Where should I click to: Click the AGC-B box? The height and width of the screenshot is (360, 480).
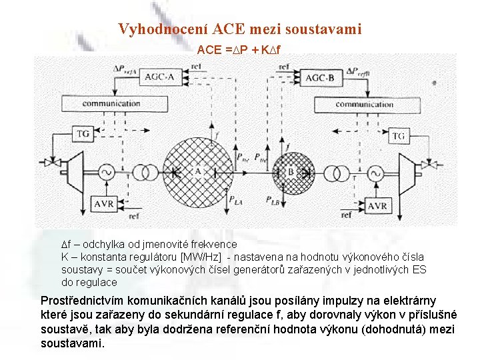click(x=324, y=78)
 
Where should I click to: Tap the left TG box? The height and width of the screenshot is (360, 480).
click(x=83, y=134)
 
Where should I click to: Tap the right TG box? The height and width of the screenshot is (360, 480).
click(x=399, y=136)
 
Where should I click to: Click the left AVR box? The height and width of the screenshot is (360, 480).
click(x=104, y=203)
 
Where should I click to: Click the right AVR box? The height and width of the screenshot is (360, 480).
click(x=377, y=206)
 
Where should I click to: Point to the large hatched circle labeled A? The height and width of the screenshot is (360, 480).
click(x=198, y=171)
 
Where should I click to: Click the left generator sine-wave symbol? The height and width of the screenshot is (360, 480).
click(x=106, y=173)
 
